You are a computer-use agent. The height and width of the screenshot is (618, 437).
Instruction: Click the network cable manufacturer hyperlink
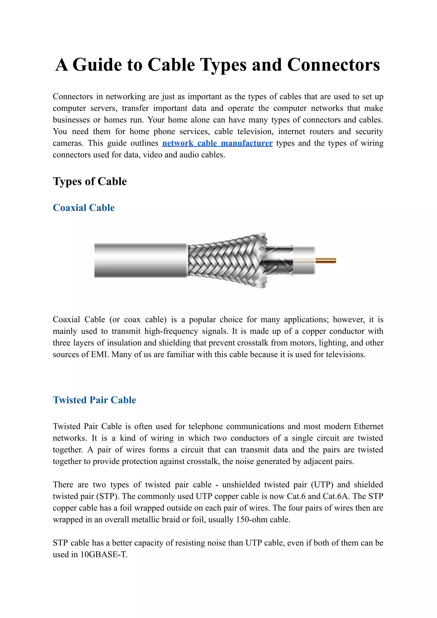pyautogui.click(x=217, y=143)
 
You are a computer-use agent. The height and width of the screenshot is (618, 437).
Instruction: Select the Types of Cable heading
pyautogui.click(x=90, y=181)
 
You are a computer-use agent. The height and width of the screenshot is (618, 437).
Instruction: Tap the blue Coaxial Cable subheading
pyautogui.click(x=84, y=208)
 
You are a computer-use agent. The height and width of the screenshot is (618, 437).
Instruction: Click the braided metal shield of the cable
pyautogui.click(x=223, y=260)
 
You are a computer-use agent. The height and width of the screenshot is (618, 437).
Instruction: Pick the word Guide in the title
pyautogui.click(x=97, y=65)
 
